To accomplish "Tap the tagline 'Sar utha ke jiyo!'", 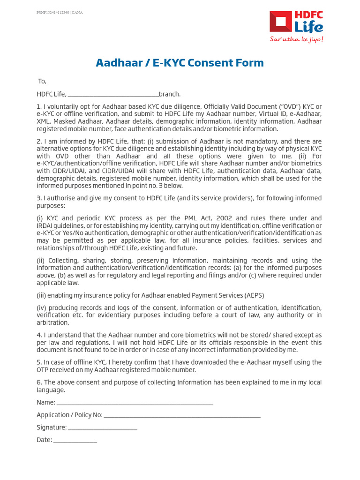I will [x=296, y=39].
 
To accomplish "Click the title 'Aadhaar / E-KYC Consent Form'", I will [x=180, y=63].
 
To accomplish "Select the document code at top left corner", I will [x=59, y=13].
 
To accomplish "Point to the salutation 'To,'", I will [x=42, y=81].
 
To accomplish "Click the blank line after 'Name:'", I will [x=135, y=403].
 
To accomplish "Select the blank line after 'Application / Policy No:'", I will [x=182, y=415].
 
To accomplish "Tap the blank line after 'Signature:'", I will [x=103, y=427].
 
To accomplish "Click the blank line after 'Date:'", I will [x=75, y=440].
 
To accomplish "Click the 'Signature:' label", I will [x=52, y=427].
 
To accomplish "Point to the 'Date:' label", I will [x=45, y=440].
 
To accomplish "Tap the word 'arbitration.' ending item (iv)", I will [x=53, y=322].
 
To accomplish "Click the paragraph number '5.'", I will [x=39, y=362].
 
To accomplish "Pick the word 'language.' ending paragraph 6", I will [x=51, y=390].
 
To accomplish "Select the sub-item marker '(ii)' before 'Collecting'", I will [x=42, y=261].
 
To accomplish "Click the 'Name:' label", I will [x=46, y=403].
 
